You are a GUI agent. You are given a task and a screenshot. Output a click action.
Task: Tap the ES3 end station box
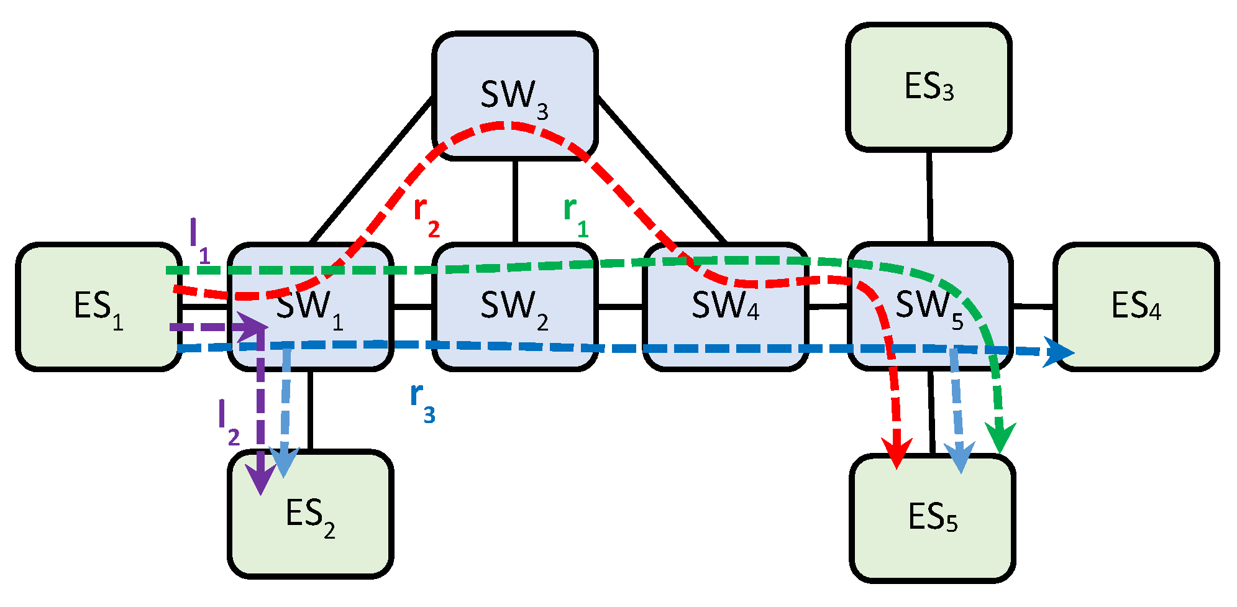[x=928, y=87]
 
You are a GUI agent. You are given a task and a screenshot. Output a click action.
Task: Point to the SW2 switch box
[x=514, y=307]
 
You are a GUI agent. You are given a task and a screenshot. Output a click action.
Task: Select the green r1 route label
[x=575, y=217]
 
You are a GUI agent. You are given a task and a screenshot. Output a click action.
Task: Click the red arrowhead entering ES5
[x=897, y=452]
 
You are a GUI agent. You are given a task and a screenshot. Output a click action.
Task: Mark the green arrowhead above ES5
[x=1000, y=437]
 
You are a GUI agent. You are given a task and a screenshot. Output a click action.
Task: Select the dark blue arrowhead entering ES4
[x=1059, y=352]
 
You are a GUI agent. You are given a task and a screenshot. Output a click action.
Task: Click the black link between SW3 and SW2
[x=515, y=201]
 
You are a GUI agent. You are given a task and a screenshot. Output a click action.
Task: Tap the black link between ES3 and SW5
[x=929, y=196]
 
